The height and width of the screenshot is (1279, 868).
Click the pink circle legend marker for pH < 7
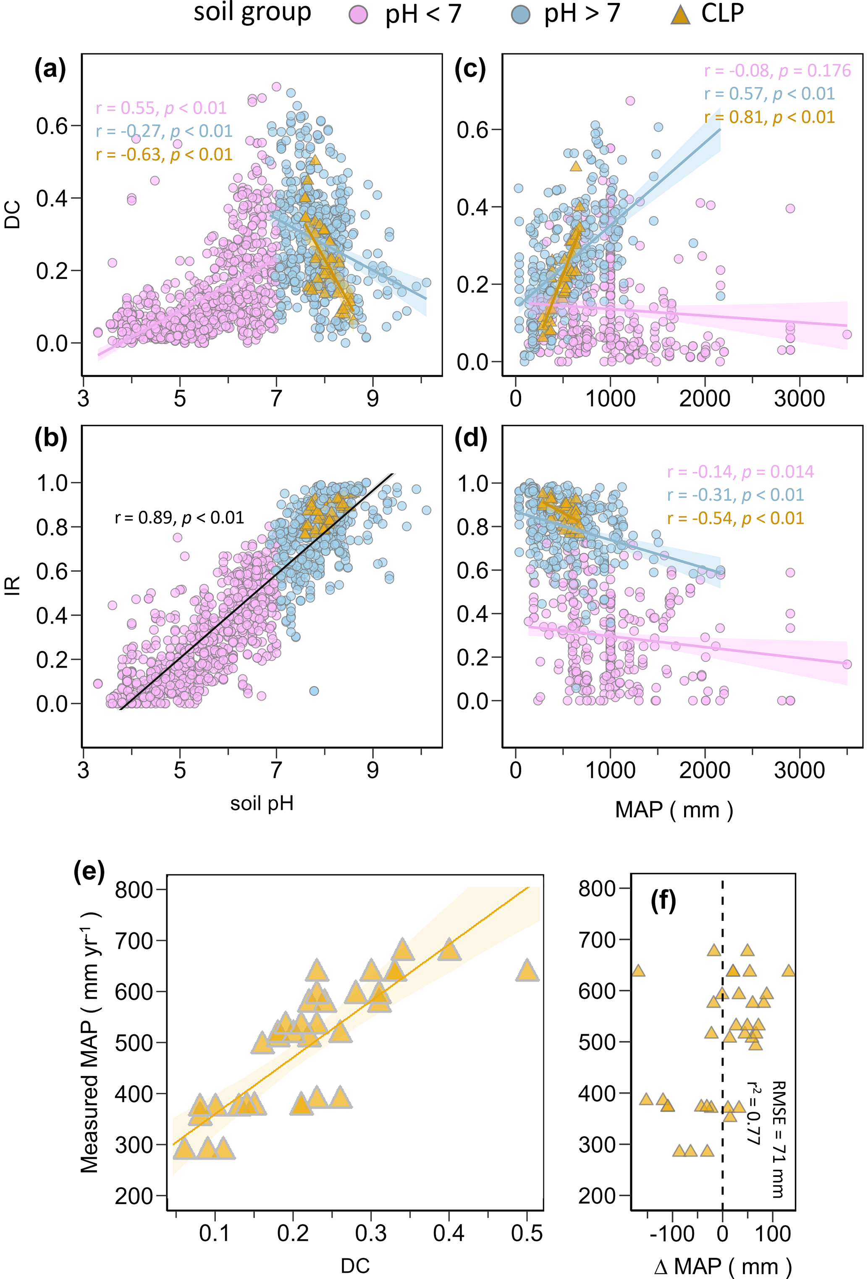click(x=359, y=14)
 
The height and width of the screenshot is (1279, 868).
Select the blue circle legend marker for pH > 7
click(x=520, y=14)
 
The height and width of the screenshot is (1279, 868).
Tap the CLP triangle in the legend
click(x=680, y=14)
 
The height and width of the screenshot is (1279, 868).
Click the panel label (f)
click(x=663, y=901)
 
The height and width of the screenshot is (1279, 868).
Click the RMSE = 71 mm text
click(x=778, y=1139)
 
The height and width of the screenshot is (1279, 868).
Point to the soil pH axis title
click(x=262, y=803)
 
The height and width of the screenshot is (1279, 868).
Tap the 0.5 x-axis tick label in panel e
click(x=527, y=1233)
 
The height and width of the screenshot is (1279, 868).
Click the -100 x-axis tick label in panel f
click(x=671, y=1233)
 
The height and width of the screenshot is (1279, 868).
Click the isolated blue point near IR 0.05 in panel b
click(x=314, y=691)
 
